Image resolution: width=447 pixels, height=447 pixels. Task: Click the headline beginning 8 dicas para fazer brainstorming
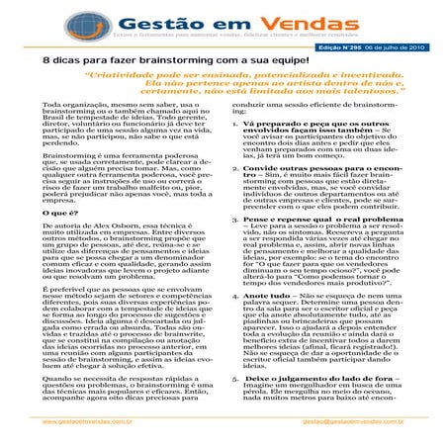point(139,61)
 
